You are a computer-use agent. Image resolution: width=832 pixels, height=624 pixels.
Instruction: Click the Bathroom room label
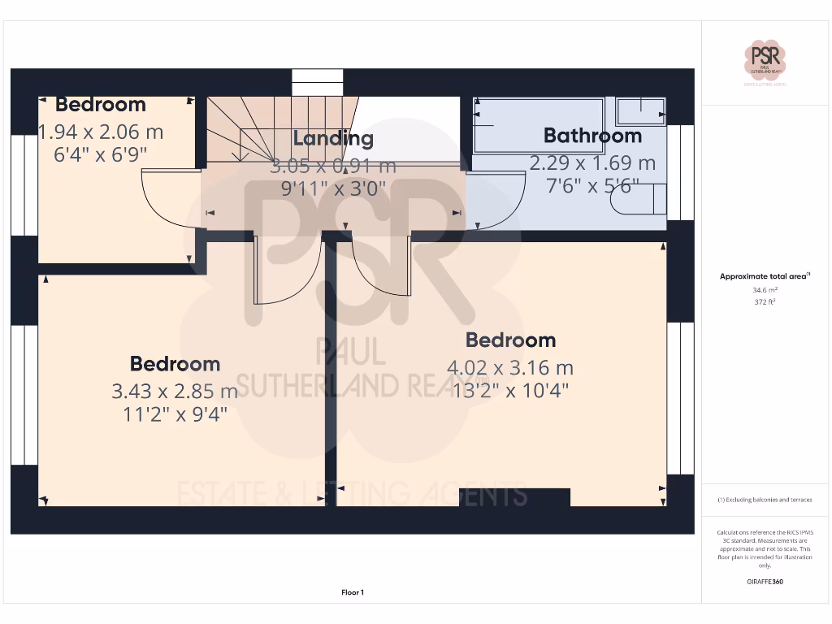[592, 136]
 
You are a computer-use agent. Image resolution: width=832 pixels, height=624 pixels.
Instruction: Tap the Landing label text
[333, 138]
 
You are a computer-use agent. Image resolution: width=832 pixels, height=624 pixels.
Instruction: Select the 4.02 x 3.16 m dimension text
[510, 368]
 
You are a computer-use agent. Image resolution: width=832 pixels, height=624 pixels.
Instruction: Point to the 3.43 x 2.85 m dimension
[175, 392]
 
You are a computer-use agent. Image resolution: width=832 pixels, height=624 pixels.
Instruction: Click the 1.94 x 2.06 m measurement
[102, 131]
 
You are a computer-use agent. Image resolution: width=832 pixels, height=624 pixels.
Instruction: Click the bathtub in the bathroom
[539, 125]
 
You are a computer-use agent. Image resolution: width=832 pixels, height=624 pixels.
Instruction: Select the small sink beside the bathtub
[641, 109]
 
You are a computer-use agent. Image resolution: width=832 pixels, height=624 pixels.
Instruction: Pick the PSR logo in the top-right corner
[765, 62]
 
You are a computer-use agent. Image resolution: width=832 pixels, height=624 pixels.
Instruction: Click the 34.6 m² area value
[765, 289]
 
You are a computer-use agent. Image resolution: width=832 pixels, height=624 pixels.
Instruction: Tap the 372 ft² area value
[765, 301]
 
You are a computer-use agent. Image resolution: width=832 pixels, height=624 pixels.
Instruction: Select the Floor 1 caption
[353, 593]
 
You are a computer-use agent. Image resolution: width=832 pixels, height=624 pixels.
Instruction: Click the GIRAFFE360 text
[765, 582]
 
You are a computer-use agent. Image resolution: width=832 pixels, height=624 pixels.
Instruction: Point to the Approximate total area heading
[764, 277]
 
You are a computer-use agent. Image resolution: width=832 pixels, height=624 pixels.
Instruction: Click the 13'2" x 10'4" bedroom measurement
[510, 390]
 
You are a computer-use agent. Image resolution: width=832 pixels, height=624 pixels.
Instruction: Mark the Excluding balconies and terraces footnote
[765, 500]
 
